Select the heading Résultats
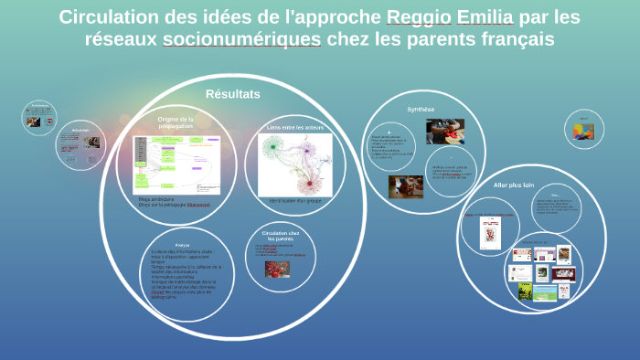coord(233,94)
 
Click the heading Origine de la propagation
coord(176,122)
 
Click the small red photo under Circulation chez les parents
coord(273,269)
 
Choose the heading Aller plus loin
coord(512,185)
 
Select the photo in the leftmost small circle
coord(33,121)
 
